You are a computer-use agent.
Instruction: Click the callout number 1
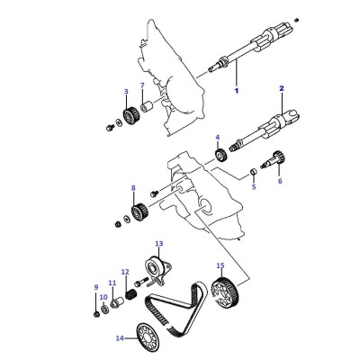237,90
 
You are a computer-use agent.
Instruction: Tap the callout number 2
282,88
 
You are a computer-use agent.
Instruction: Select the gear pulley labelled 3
130,116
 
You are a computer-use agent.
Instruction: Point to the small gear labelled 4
220,155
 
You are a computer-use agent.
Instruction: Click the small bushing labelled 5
254,172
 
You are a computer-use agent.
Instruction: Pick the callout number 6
280,181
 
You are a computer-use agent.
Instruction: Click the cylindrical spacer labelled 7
147,106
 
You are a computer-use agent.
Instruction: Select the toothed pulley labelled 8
139,211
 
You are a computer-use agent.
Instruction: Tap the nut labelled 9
96,314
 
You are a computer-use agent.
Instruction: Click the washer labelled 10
105,309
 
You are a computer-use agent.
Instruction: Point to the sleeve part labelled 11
117,302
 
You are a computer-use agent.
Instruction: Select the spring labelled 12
131,294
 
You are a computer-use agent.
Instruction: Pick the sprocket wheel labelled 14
147,339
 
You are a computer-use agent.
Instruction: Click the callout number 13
158,243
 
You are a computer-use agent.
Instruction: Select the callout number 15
220,265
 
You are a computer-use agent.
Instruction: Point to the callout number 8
133,188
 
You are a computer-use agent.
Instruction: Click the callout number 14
120,338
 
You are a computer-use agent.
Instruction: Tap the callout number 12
125,272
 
